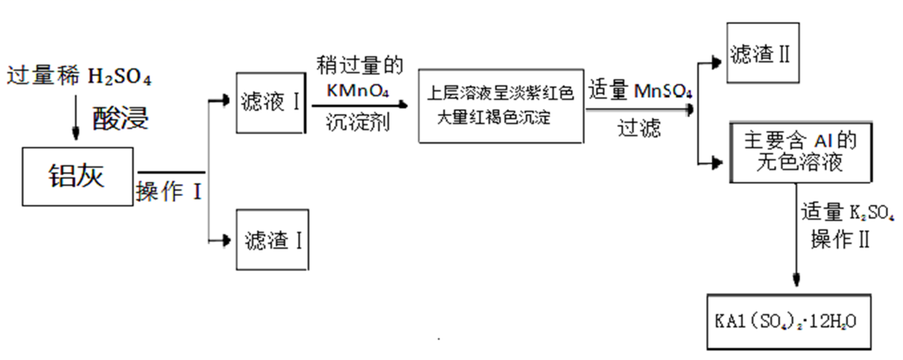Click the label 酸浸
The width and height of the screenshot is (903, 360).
(x=121, y=119)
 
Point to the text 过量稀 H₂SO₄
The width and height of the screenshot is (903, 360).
(x=79, y=76)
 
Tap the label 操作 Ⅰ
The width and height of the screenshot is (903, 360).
(x=169, y=191)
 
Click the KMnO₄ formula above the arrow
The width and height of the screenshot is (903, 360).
(x=358, y=91)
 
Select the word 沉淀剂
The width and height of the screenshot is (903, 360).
(x=358, y=122)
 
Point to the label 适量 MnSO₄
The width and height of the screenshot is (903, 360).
(x=640, y=90)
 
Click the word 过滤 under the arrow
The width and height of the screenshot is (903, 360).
(x=639, y=128)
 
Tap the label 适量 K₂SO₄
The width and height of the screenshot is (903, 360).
(x=847, y=212)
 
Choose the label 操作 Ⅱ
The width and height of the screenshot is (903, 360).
(x=840, y=239)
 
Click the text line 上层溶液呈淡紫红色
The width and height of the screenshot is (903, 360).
(x=500, y=93)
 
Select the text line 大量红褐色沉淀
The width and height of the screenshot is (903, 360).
(x=494, y=117)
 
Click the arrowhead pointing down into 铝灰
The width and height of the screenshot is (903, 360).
(x=75, y=133)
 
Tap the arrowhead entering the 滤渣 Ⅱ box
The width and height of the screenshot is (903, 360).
(x=717, y=63)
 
